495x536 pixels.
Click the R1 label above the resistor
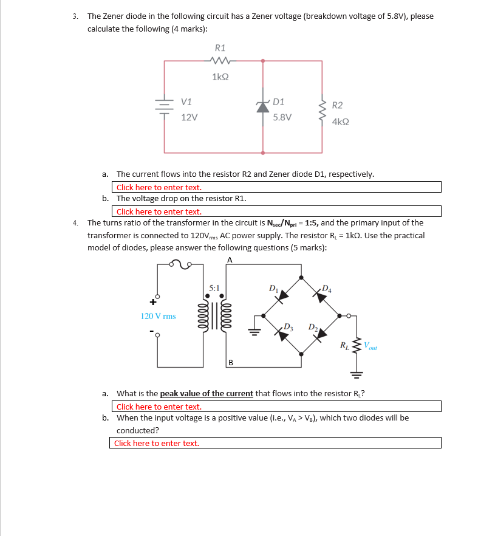coord(220,47)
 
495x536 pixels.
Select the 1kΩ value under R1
coord(220,77)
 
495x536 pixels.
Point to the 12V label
coord(189,117)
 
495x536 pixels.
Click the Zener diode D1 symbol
coord(262,107)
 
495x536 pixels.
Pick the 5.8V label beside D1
coord(282,117)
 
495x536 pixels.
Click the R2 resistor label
coord(337,106)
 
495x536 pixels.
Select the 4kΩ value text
coord(340,122)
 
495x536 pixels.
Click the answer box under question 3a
coord(276,187)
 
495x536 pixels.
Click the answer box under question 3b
coord(276,211)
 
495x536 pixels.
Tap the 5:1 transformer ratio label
coord(214,287)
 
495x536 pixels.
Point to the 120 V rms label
coord(158,316)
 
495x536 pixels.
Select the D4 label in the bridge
coord(327,287)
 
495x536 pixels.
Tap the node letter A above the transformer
coord(229,259)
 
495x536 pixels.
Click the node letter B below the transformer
coord(231,363)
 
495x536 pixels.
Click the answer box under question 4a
coord(276,407)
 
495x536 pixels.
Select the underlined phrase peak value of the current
coord(207,394)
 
